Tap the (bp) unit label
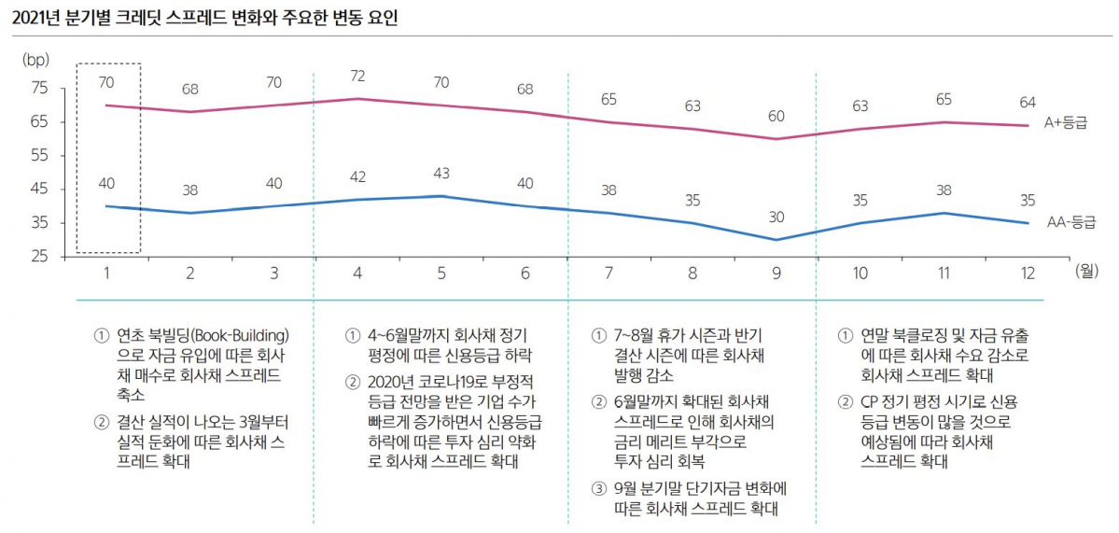35,59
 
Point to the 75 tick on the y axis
39,88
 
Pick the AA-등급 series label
1070,223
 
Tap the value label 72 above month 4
357,74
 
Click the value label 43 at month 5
441,174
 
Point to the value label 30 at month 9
776,216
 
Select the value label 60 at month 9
776,116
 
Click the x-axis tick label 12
1027,273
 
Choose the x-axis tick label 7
608,273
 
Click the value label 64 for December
1027,102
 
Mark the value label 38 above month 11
944,189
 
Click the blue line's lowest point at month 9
776,240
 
